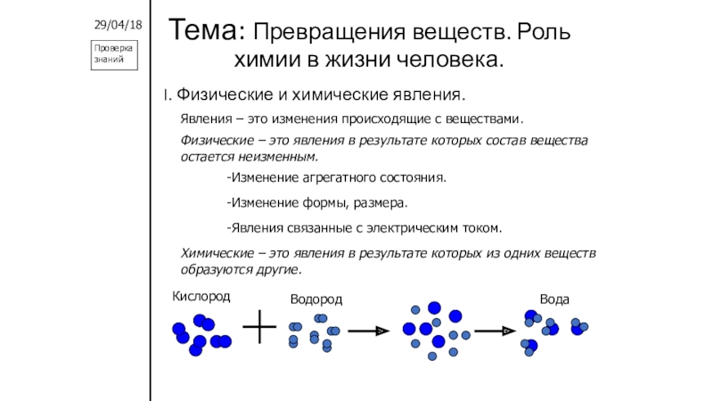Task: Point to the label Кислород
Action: [x=201, y=296]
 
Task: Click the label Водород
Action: [x=316, y=299]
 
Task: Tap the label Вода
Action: [x=554, y=299]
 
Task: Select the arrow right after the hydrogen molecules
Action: [x=368, y=331]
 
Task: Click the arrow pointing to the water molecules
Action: [x=495, y=331]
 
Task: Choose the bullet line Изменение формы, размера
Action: [x=317, y=202]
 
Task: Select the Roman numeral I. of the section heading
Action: [x=165, y=94]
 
